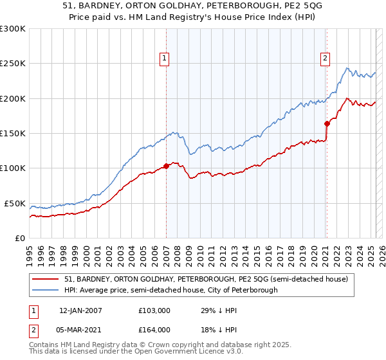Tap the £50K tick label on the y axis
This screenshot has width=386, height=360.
pos(14,203)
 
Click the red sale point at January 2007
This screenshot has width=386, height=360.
pos(166,166)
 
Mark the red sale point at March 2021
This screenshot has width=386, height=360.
pos(327,123)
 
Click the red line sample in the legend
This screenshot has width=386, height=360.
pos(46,279)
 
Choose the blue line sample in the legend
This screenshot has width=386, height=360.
pos(46,290)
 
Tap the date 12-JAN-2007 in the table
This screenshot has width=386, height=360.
pos(80,310)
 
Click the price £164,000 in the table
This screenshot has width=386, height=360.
pos(154,329)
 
